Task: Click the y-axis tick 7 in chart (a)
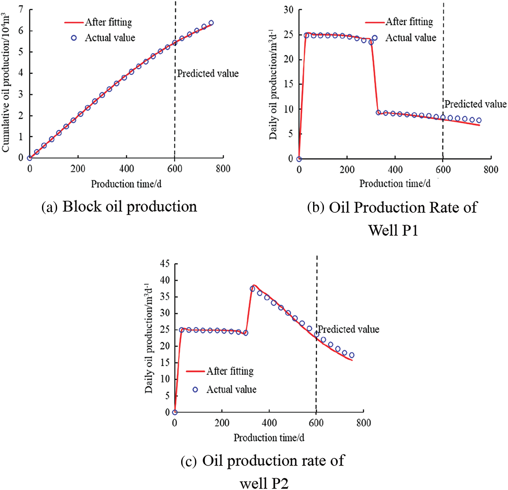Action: tap(21, 9)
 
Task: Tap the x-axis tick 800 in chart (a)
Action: tap(223, 169)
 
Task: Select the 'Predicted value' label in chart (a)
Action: tap(208, 74)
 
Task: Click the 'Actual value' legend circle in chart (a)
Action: tap(74, 38)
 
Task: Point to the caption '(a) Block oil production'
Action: tap(119, 207)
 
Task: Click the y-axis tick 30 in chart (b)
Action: tap(289, 10)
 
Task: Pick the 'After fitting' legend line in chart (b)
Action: tap(375, 22)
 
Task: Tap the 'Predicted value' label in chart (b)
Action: tap(475, 104)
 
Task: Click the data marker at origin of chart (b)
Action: tap(299, 159)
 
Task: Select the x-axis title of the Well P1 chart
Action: tap(395, 184)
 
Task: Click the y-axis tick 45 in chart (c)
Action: tap(165, 264)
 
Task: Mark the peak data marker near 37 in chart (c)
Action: tap(252, 289)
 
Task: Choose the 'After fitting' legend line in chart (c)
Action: tap(195, 371)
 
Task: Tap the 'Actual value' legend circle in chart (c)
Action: tap(195, 390)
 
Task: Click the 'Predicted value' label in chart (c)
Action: tap(349, 329)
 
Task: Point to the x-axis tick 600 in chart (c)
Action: tap(316, 423)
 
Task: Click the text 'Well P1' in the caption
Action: tap(393, 230)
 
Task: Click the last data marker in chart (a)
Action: tap(211, 23)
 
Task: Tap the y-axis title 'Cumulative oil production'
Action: tap(6, 83)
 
